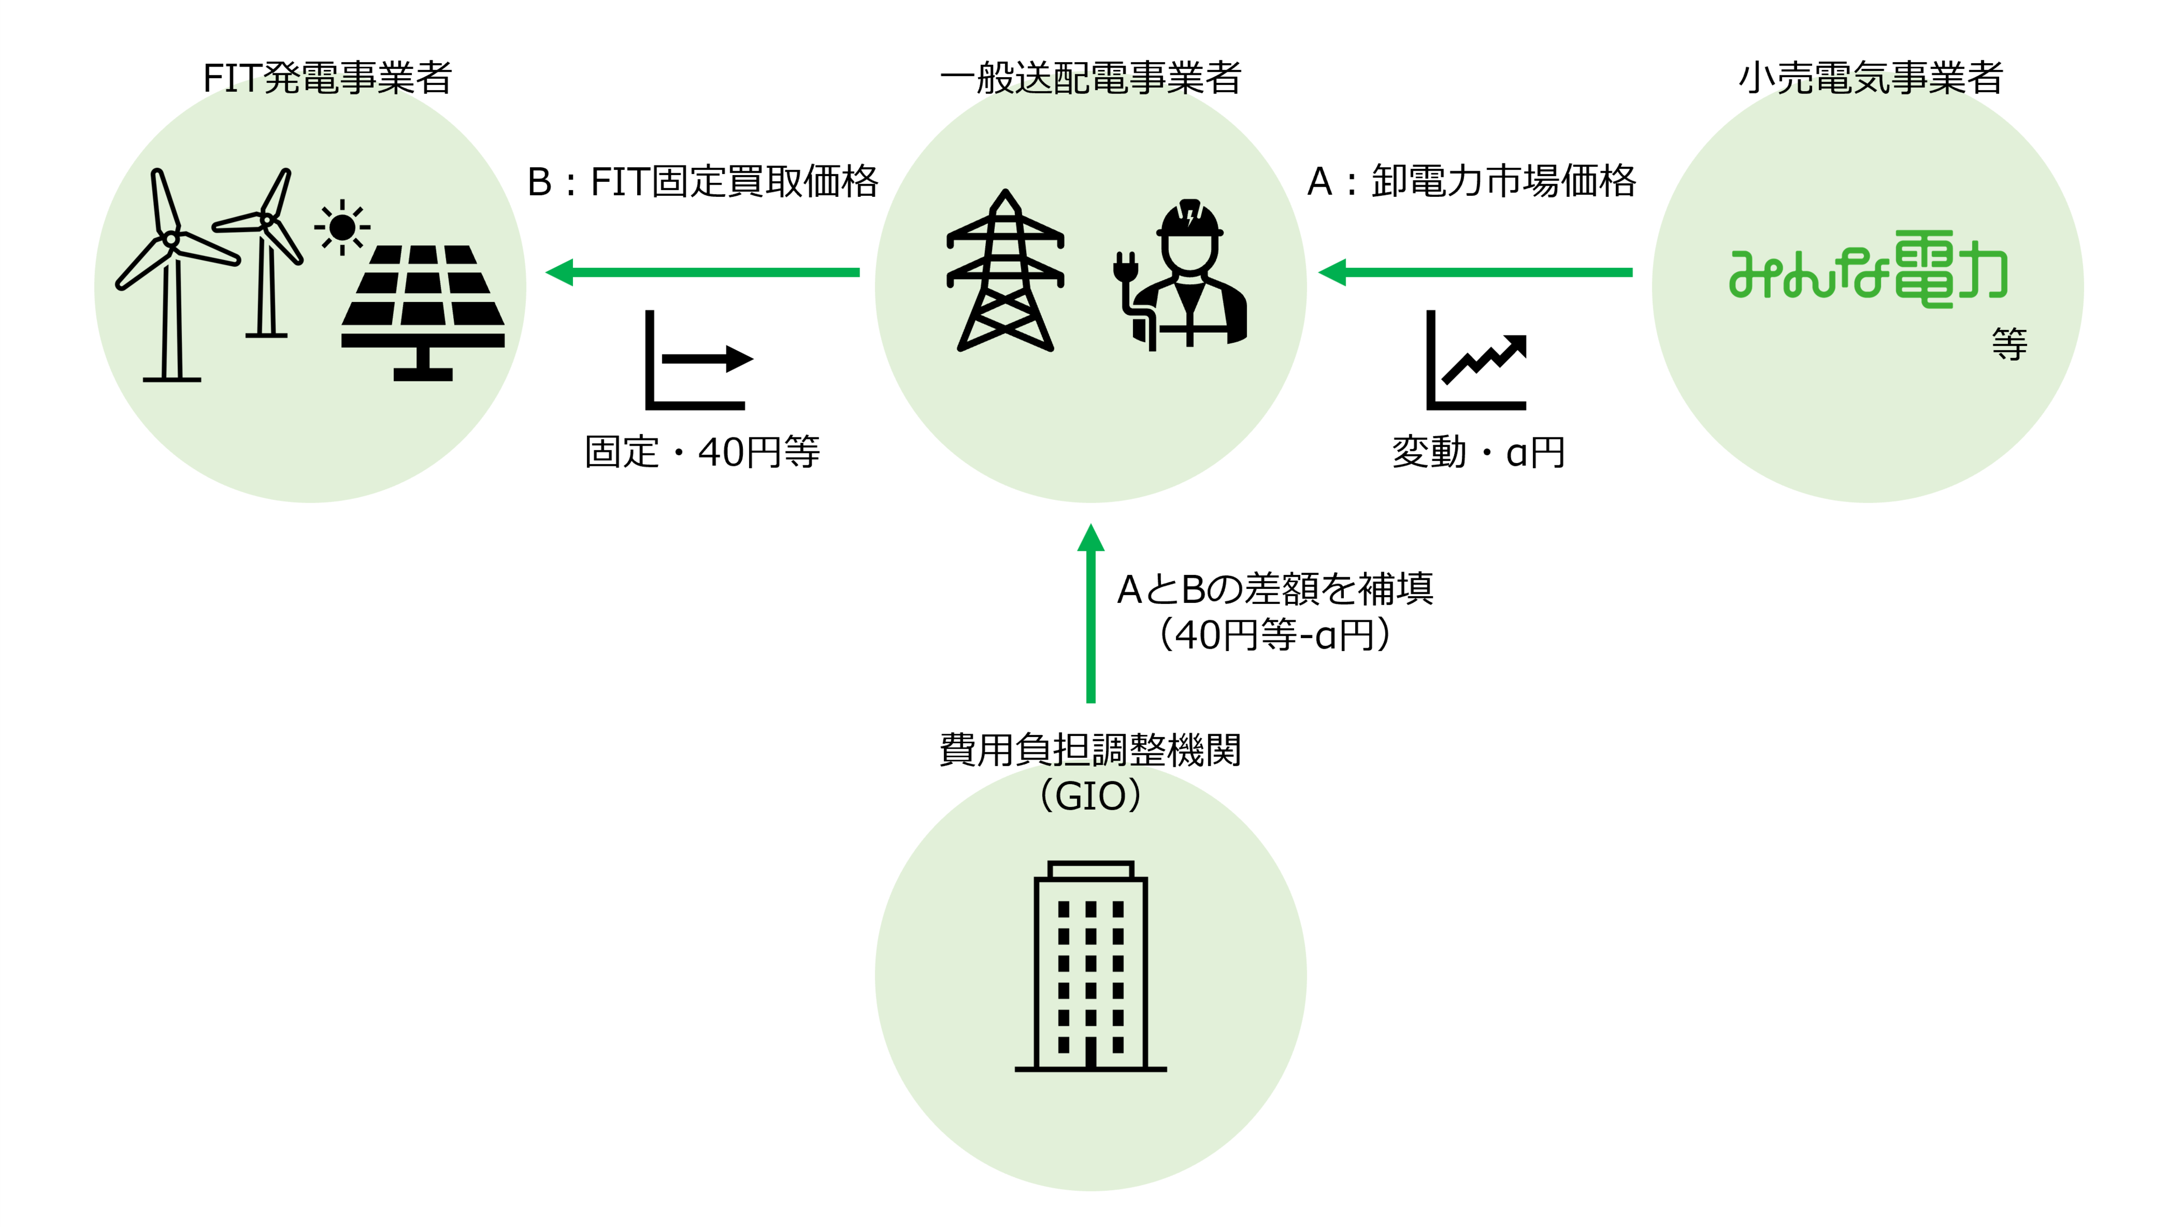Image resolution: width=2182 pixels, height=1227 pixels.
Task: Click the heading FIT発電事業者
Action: tap(327, 78)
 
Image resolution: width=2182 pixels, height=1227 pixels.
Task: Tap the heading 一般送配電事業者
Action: tap(1090, 78)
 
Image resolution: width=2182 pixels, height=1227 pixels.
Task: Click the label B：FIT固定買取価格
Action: tap(702, 182)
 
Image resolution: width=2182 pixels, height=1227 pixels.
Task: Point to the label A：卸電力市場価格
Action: tap(1471, 182)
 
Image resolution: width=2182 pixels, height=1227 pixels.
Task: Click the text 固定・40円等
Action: tap(702, 451)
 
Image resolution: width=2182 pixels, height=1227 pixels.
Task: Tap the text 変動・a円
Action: tap(1478, 451)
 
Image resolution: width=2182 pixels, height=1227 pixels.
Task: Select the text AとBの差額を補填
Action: tap(1275, 588)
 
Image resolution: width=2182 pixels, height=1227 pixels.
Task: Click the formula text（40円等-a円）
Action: tap(1275, 634)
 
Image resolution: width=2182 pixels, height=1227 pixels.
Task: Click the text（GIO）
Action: tap(1090, 796)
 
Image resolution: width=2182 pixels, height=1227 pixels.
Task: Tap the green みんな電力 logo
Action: tap(1868, 269)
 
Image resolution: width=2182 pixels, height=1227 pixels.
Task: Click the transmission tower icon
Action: tap(1005, 271)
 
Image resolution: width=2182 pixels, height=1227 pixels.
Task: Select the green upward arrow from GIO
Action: tap(1090, 614)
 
